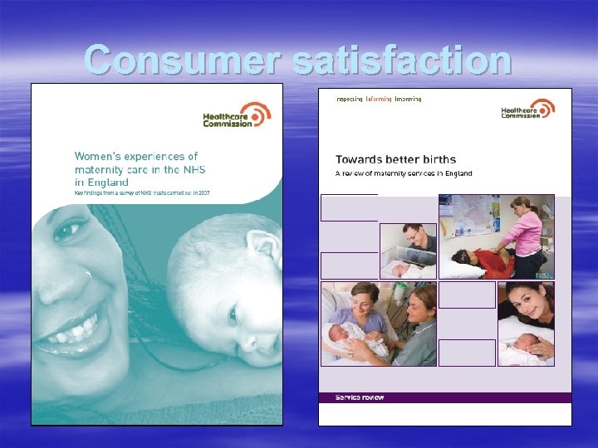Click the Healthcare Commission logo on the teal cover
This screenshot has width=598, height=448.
(237, 115)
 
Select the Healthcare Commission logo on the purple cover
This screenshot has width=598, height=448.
(528, 110)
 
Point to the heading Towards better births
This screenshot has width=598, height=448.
(395, 158)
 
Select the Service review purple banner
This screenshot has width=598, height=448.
(445, 397)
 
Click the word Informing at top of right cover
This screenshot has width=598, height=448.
(379, 99)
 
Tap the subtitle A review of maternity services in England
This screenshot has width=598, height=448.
(404, 173)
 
